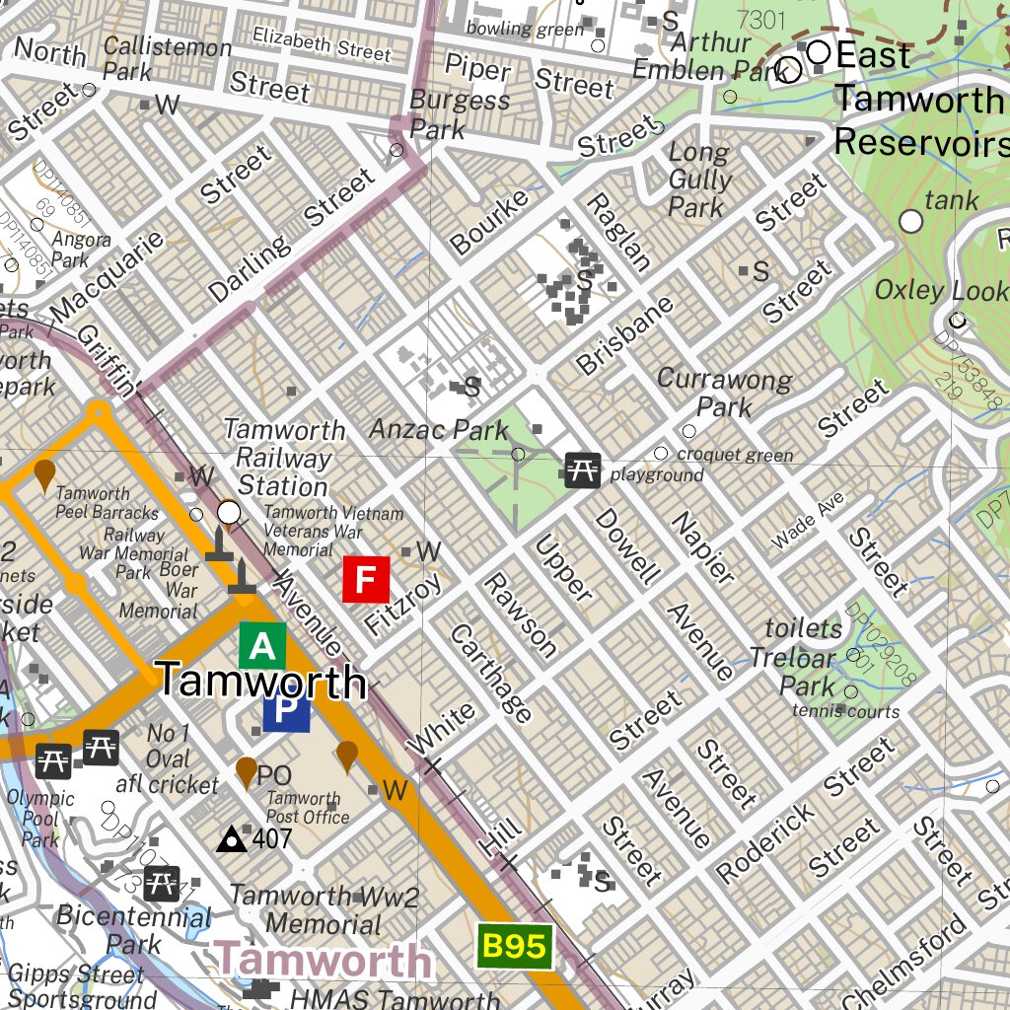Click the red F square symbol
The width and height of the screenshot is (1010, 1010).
(x=366, y=579)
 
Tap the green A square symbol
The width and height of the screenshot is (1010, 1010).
(x=262, y=646)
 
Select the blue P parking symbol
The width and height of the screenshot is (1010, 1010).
(x=286, y=712)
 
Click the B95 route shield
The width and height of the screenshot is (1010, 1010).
(x=513, y=947)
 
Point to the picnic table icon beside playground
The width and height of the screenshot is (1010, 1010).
(x=582, y=470)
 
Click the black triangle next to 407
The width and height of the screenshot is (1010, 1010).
(x=232, y=839)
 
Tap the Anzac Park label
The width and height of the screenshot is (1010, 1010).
(x=439, y=430)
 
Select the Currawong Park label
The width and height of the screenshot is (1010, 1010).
(x=724, y=393)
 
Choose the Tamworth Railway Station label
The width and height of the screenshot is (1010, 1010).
(x=284, y=458)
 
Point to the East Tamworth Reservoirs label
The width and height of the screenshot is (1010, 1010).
(x=917, y=100)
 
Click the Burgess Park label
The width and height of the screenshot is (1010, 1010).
(x=460, y=113)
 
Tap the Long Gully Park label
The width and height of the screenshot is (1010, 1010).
(x=699, y=180)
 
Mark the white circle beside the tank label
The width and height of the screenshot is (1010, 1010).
(x=912, y=222)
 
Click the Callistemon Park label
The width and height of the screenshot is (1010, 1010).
(x=168, y=58)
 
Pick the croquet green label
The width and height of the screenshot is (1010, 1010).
(x=735, y=455)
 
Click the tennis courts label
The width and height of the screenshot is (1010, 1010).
(x=845, y=710)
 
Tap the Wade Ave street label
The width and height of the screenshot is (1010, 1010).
(x=808, y=522)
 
